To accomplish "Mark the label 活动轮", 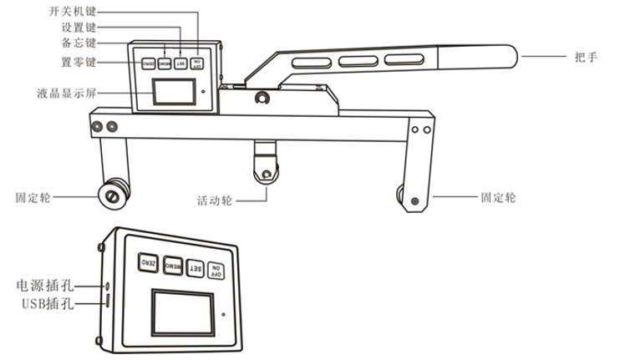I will coord(214,201).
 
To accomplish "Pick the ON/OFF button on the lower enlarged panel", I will coord(216,268).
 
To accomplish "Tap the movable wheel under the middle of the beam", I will coord(266,174).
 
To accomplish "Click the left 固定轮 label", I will coord(33,198).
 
